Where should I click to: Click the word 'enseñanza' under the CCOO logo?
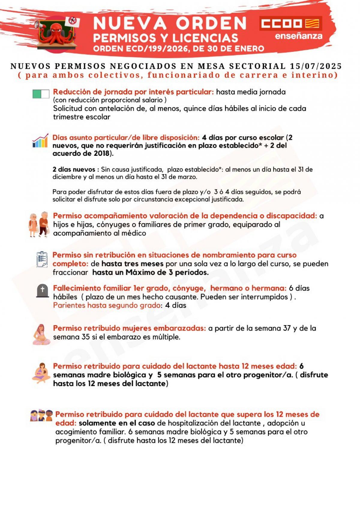[x=298, y=36]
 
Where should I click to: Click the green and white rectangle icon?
[x=41, y=94]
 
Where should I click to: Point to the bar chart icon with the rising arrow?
[x=40, y=141]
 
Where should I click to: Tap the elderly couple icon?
[x=38, y=224]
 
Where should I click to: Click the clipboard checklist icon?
[x=42, y=259]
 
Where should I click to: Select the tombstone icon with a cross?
[x=42, y=291]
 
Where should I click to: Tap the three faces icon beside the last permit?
[x=41, y=415]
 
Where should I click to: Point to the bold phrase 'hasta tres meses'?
[x=133, y=264]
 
